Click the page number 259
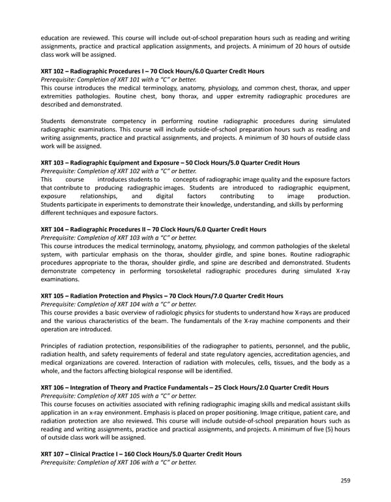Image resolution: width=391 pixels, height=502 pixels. coord(345,481)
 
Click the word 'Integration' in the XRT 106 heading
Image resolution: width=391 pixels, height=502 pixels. coord(93,387)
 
